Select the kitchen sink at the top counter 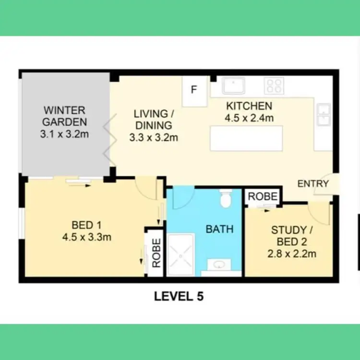click(x=234, y=86)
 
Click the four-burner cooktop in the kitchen click(x=274, y=86)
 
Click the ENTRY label click(x=313, y=184)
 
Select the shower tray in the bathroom click(x=180, y=254)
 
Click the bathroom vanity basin click(x=220, y=265)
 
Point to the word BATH click(x=219, y=229)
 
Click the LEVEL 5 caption click(x=179, y=297)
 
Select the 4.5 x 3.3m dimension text click(x=86, y=236)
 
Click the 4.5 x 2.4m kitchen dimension click(x=249, y=118)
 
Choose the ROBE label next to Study click(x=263, y=196)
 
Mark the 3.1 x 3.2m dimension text click(x=64, y=134)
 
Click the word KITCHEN click(x=249, y=106)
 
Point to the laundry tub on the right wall click(x=323, y=115)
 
